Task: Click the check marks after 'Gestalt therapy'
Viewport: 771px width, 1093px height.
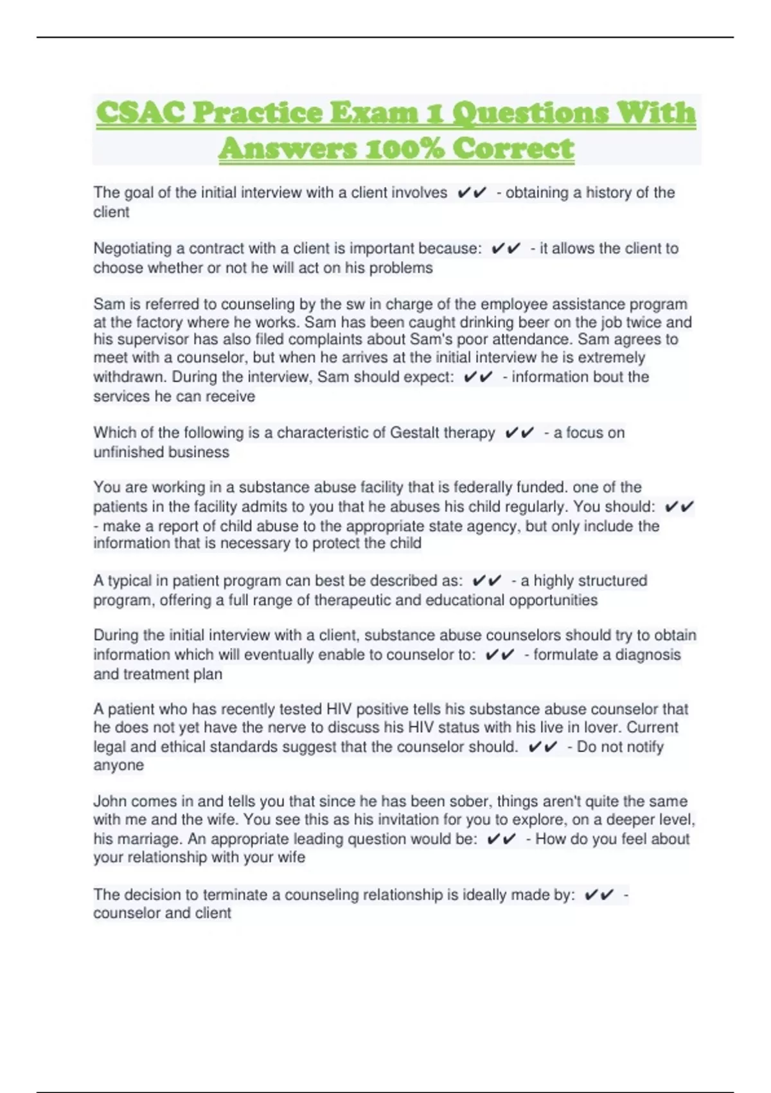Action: click(x=519, y=433)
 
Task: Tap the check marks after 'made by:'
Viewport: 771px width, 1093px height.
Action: click(x=599, y=895)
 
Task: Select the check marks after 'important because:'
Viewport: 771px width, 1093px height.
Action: click(x=506, y=249)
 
